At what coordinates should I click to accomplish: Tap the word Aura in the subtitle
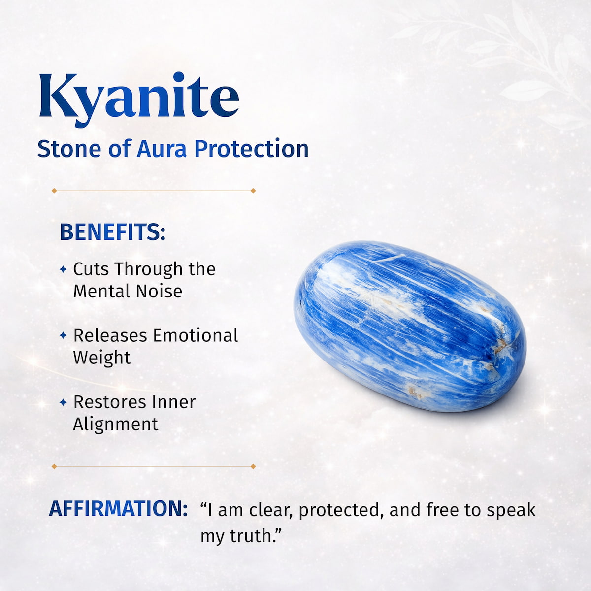[x=162, y=149]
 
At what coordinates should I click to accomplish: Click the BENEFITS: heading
[x=112, y=232]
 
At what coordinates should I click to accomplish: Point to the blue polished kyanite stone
[x=409, y=325]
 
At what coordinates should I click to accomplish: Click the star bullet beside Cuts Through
[x=63, y=269]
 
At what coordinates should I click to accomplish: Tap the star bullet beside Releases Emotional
[x=63, y=335]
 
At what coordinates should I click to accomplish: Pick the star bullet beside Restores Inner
[x=63, y=402]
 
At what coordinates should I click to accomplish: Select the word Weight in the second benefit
[x=102, y=358]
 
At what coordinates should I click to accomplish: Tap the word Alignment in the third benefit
[x=116, y=424]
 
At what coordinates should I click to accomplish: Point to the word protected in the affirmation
[x=341, y=510]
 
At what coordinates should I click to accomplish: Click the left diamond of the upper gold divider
[x=54, y=191]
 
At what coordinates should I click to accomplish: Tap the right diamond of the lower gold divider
[x=253, y=466]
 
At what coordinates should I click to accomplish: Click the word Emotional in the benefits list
[x=196, y=335]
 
